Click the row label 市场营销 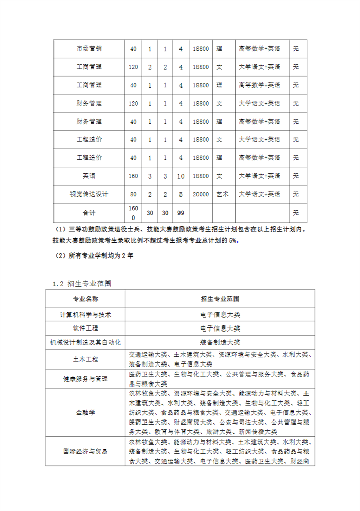click(x=85, y=49)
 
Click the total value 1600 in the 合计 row click(x=133, y=212)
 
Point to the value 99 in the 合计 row click(x=181, y=212)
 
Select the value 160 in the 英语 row click(x=133, y=176)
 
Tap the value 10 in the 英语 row click(x=181, y=176)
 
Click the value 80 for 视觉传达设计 click(x=133, y=194)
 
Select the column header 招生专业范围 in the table click(x=220, y=299)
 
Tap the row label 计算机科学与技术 click(x=85, y=314)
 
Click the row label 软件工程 click(x=85, y=327)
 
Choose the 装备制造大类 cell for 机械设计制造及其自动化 click(x=220, y=342)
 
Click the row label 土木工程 click(x=85, y=359)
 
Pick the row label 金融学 click(x=85, y=412)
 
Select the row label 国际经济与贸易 click(x=85, y=451)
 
